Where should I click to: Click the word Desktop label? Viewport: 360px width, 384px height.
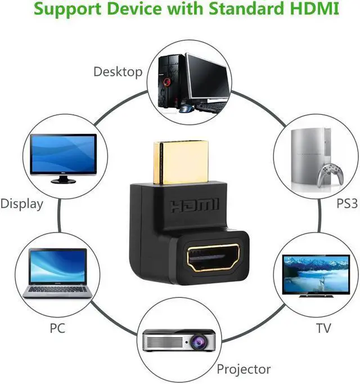[118, 72]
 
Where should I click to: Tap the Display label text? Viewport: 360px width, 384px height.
[22, 204]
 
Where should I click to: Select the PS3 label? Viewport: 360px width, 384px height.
[347, 203]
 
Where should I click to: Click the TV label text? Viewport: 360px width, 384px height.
[323, 328]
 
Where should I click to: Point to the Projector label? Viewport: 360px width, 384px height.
[244, 369]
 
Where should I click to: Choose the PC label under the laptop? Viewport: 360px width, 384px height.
[57, 328]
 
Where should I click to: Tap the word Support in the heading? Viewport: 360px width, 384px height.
[67, 10]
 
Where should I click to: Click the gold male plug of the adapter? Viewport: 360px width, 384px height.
[181, 162]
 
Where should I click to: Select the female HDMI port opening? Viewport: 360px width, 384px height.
[213, 258]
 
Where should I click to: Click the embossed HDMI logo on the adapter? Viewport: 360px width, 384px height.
[195, 205]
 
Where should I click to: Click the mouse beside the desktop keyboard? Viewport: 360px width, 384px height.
[187, 109]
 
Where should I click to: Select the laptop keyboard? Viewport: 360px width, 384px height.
[58, 289]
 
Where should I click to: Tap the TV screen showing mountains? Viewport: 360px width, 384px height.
[316, 274]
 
